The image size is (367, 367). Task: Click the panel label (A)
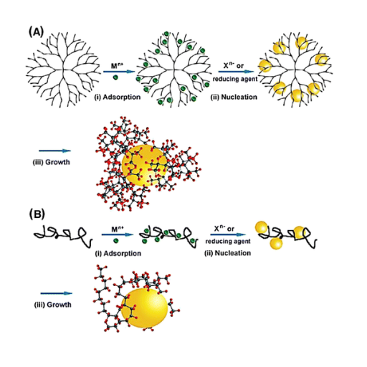click(x=37, y=32)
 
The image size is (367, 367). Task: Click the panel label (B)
click(x=37, y=214)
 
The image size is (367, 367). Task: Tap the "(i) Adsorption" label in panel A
click(x=117, y=97)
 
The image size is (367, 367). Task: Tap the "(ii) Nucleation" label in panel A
click(x=234, y=97)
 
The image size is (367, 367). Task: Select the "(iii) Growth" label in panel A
click(x=52, y=162)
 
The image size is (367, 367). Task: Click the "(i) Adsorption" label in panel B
click(x=118, y=253)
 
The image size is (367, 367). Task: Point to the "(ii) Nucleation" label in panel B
click(x=227, y=253)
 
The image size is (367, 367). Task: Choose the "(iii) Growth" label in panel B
click(x=53, y=305)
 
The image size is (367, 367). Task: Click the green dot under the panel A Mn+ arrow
click(x=115, y=77)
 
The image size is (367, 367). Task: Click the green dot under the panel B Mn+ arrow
click(x=116, y=240)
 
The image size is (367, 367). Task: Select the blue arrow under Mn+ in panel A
click(x=119, y=72)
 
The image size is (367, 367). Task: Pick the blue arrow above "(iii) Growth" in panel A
click(x=55, y=151)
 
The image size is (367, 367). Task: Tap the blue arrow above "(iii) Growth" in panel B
click(x=57, y=293)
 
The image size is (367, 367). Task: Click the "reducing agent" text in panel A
click(x=235, y=79)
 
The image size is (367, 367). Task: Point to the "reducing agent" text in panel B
click(x=228, y=241)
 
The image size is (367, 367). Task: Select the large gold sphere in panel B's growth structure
click(x=144, y=308)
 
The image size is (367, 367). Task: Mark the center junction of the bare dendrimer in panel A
click(x=63, y=70)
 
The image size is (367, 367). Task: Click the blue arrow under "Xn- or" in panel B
click(x=228, y=234)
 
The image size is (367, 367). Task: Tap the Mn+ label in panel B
click(x=118, y=229)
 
